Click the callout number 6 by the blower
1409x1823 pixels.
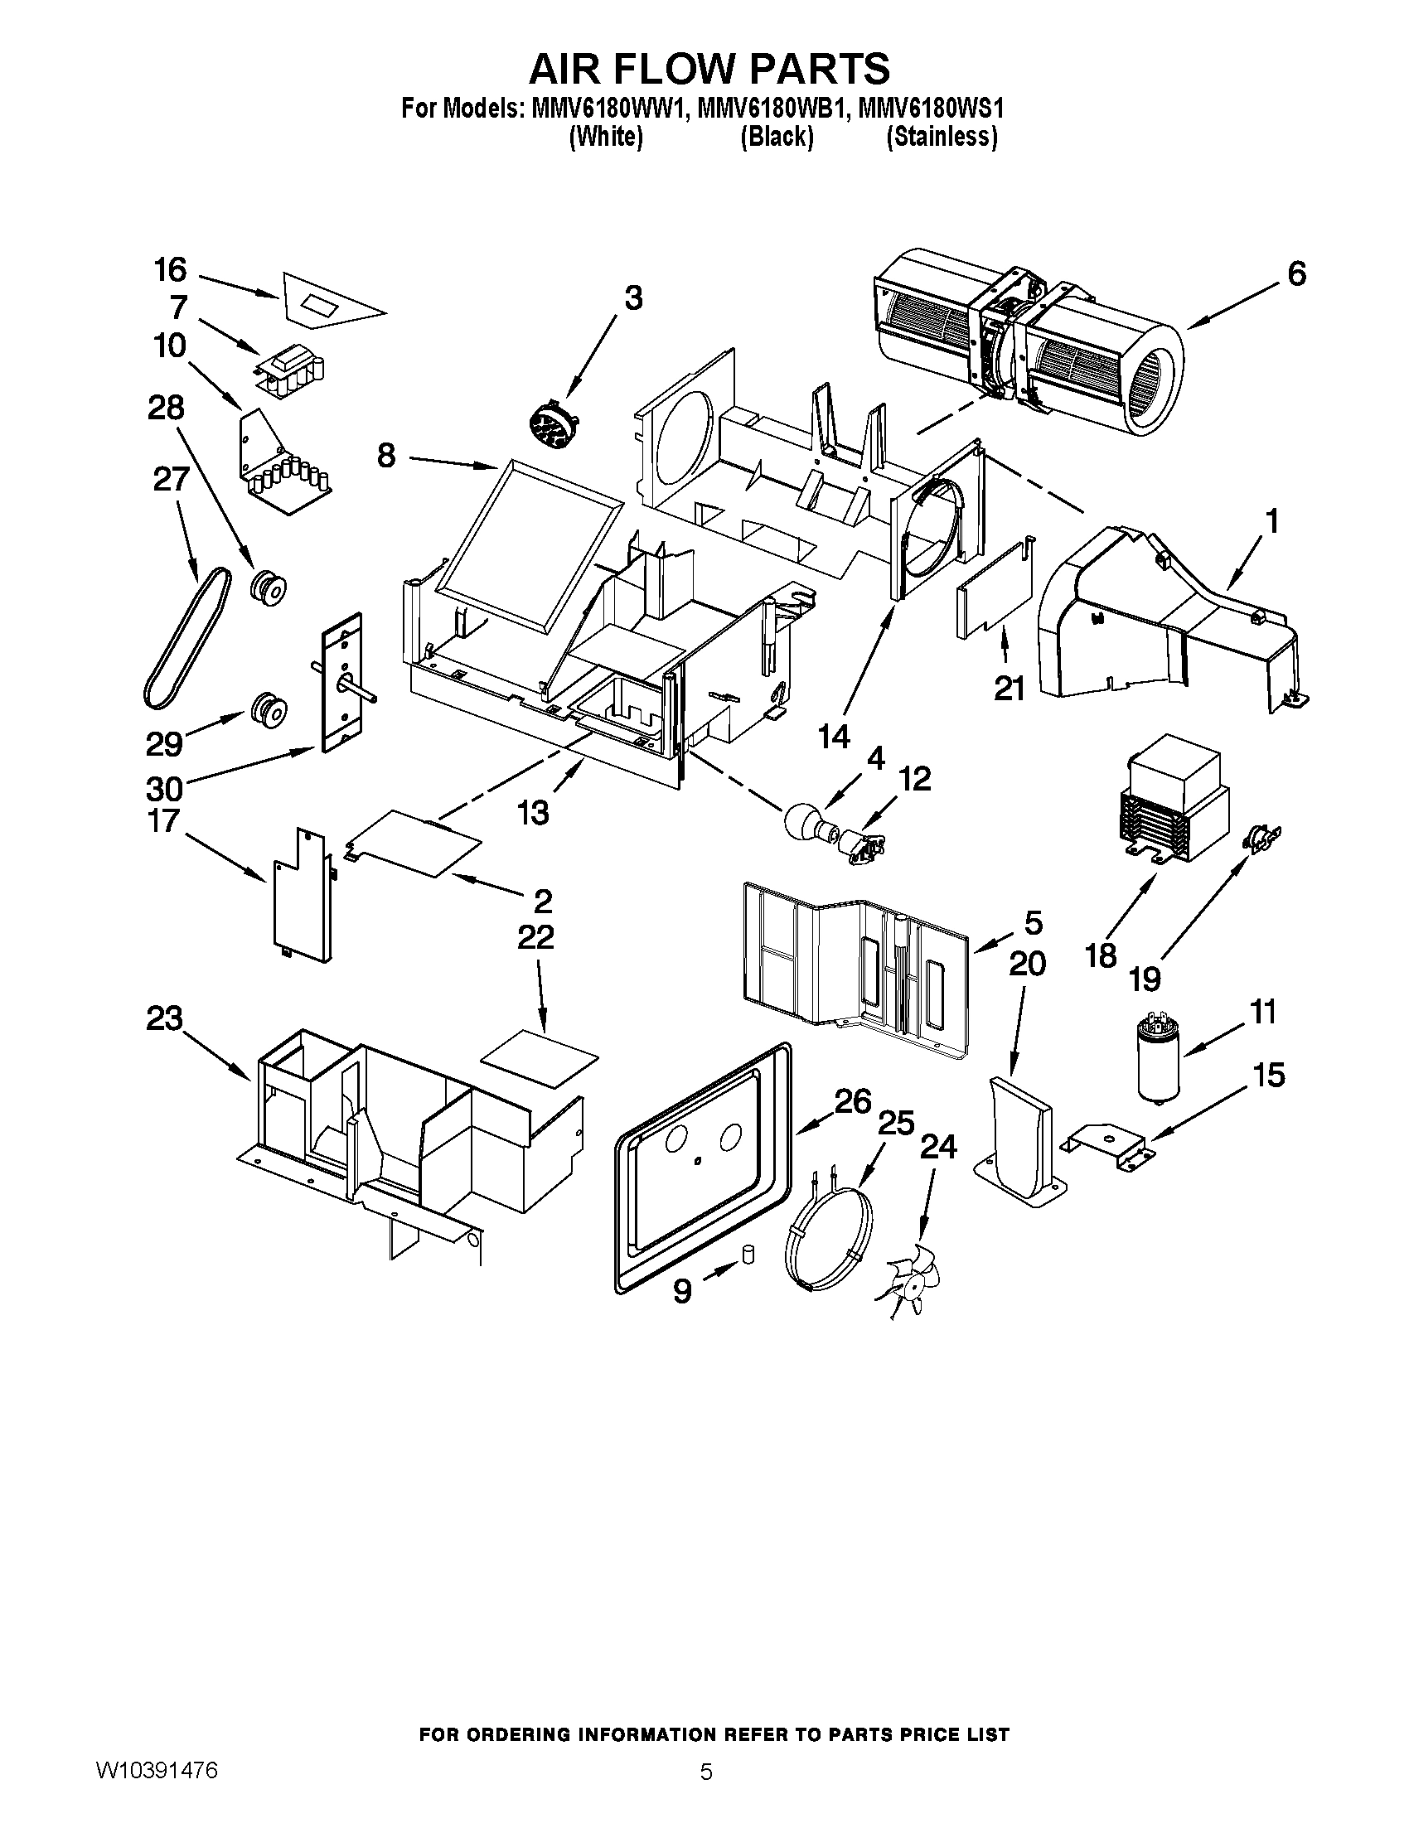[x=1296, y=273]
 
